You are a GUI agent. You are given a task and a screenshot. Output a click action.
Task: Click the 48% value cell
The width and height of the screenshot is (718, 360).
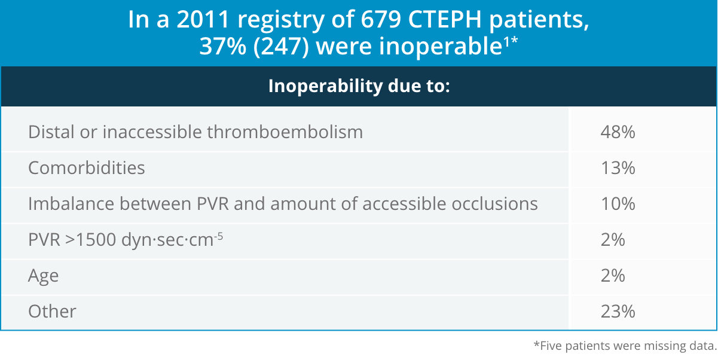618,132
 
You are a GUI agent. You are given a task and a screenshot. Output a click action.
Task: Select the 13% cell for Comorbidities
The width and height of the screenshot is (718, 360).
618,168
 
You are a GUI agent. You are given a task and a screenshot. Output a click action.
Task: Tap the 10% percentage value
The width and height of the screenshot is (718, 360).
618,204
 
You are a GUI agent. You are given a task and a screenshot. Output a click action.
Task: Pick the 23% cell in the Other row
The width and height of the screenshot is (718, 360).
618,312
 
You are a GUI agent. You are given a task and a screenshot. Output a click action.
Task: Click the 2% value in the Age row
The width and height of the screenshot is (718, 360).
613,276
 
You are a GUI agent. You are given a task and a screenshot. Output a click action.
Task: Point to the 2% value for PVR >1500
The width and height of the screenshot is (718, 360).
613,240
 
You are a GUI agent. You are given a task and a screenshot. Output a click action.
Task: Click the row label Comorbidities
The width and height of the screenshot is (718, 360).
87,168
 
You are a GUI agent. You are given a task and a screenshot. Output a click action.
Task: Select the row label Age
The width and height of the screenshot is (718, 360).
44,276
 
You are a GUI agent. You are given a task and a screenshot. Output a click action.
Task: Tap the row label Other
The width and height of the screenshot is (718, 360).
53,312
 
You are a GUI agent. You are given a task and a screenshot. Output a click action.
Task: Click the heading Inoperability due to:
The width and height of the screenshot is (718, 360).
359,86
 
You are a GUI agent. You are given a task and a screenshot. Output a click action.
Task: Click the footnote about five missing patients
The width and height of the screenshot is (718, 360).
624,346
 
